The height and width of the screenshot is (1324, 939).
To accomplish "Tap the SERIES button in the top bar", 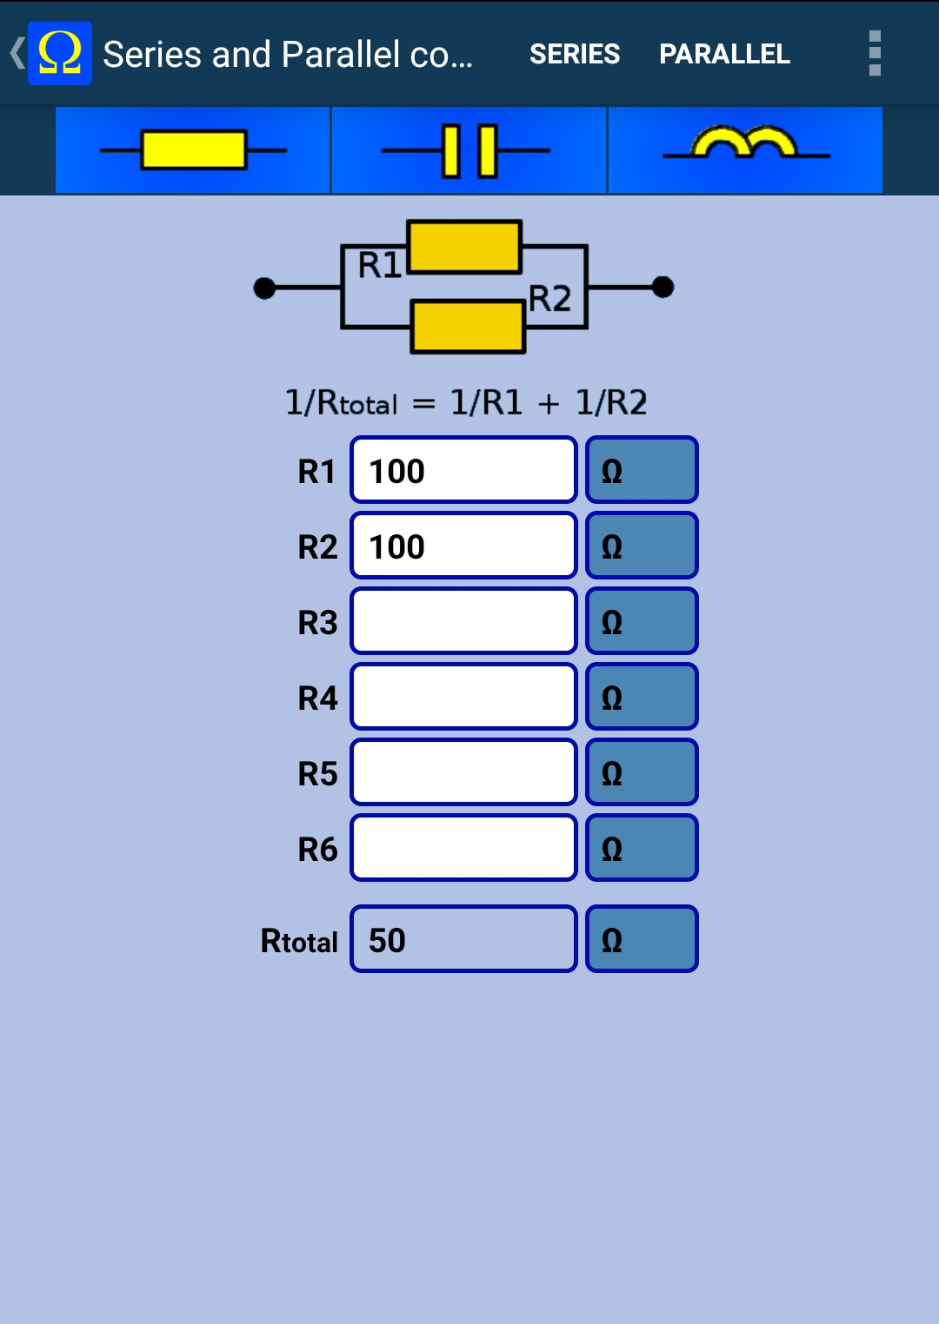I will point(575,54).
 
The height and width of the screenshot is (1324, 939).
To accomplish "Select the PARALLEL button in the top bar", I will point(724,54).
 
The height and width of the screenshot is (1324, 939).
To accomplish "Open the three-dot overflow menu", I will point(875,54).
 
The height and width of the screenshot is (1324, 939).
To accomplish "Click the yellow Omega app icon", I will point(60,54).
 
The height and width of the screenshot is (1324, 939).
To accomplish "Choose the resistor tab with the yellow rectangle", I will point(193,149).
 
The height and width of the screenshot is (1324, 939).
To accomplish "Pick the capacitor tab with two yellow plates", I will point(469,149).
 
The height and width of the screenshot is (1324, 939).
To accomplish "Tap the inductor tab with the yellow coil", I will point(745,149).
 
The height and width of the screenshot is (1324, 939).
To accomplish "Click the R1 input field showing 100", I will point(463,470).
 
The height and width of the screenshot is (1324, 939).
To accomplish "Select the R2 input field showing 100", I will point(463,546).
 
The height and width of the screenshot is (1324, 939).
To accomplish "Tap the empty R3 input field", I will point(463,621).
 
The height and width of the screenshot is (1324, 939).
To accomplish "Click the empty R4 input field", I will point(463,697).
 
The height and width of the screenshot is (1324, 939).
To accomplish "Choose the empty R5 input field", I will point(463,772).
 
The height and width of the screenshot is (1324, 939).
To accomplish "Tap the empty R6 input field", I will point(463,848).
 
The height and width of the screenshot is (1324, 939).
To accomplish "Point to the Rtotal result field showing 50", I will point(463,939).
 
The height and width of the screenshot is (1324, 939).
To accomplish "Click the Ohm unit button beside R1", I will point(642,470).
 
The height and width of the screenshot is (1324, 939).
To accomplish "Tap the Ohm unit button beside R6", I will point(642,848).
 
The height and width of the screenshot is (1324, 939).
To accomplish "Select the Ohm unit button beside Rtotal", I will point(642,939).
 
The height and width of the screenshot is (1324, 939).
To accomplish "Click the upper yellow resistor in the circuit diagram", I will point(464,247).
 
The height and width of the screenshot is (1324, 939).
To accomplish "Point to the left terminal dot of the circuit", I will point(264,288).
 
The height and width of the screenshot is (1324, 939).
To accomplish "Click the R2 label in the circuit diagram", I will point(549,299).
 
